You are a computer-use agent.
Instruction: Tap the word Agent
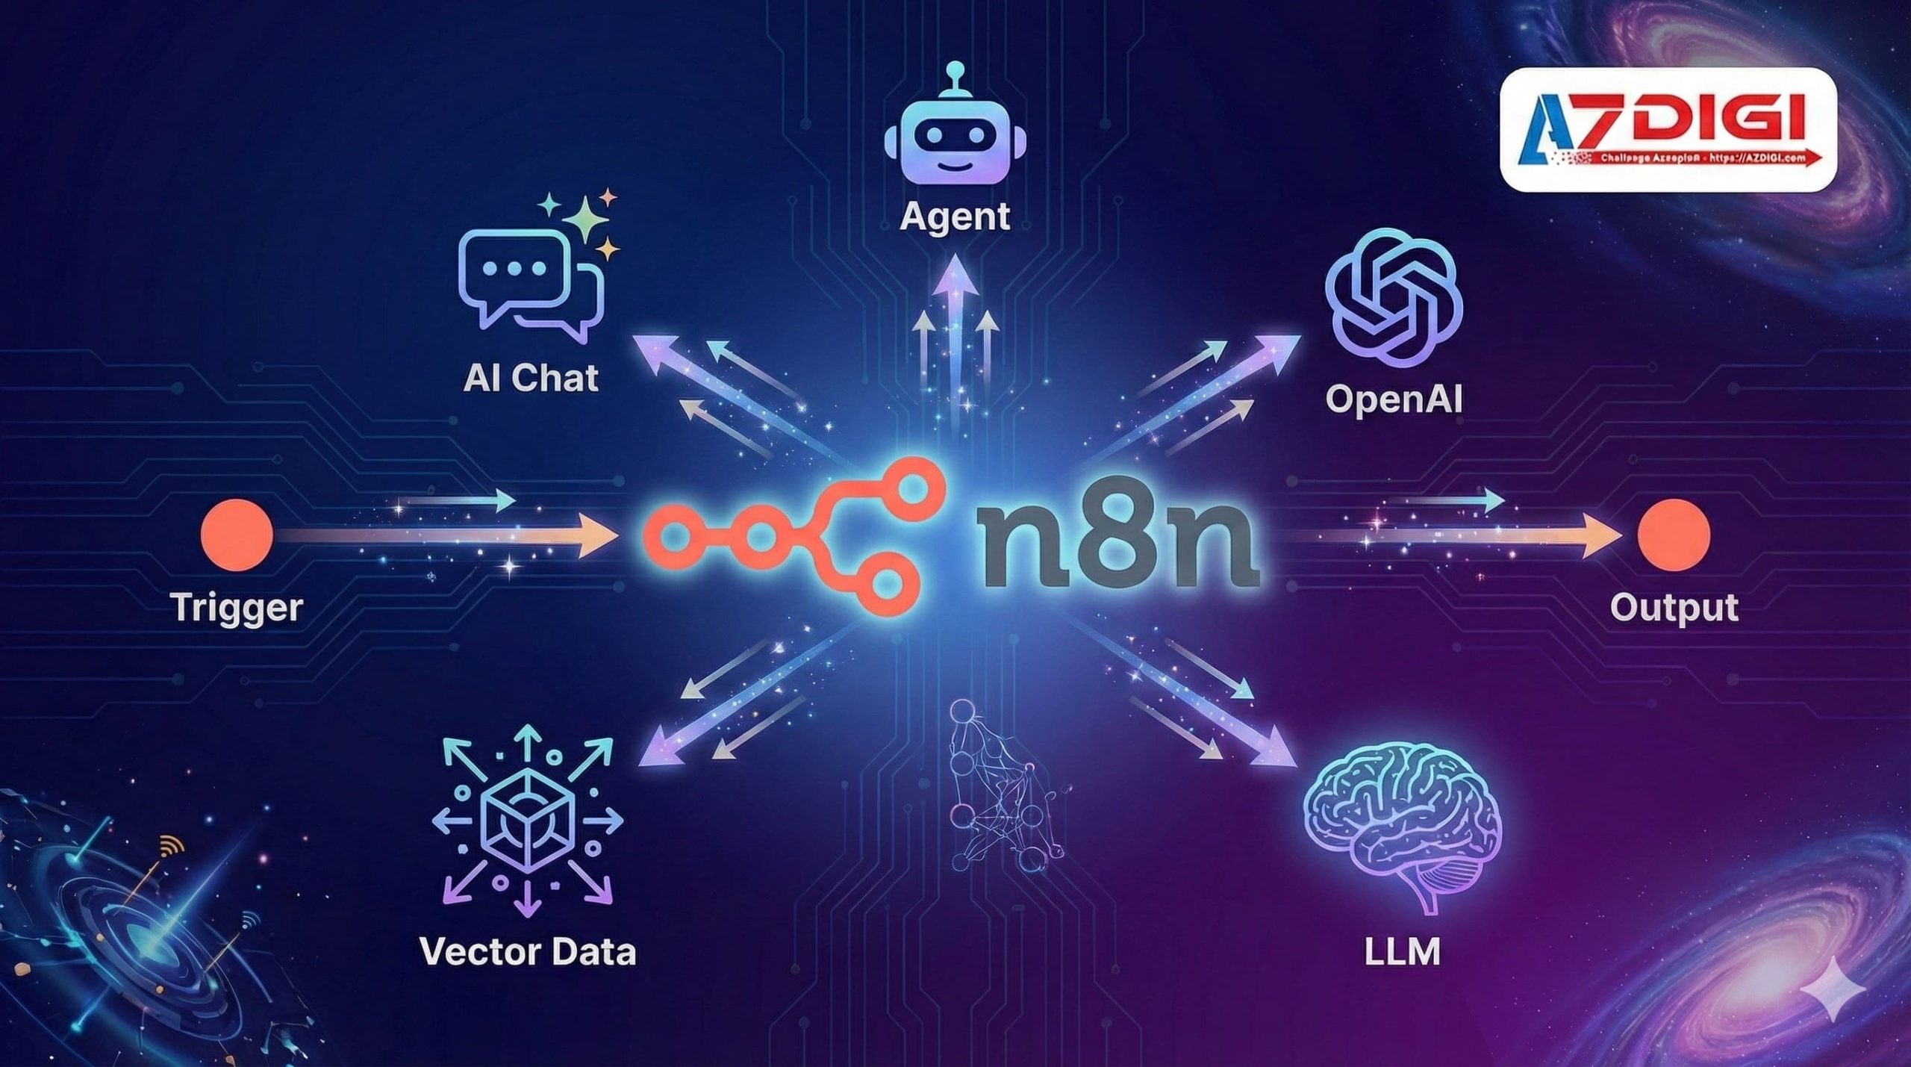(955, 217)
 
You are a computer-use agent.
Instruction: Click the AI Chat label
(531, 378)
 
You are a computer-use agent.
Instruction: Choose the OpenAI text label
(1394, 399)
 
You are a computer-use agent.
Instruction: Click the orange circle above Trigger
(236, 535)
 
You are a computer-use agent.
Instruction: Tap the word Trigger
(237, 607)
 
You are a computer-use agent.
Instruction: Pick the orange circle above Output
(1674, 535)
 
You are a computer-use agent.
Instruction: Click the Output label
(1674, 607)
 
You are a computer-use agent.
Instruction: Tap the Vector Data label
(528, 952)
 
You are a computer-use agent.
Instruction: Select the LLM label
(1401, 952)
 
